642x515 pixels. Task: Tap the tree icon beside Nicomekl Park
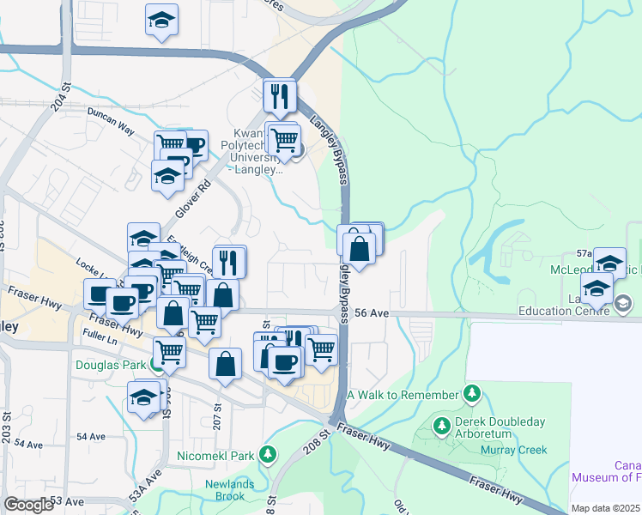[x=269, y=454]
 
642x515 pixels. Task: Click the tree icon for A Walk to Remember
[x=471, y=394]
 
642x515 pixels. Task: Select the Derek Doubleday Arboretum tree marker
[x=441, y=425]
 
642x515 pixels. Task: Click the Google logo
[x=28, y=505]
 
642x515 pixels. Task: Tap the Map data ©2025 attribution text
[x=605, y=508]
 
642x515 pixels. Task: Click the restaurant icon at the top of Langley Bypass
[x=279, y=96]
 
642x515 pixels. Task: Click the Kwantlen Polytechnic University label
[x=252, y=152]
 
